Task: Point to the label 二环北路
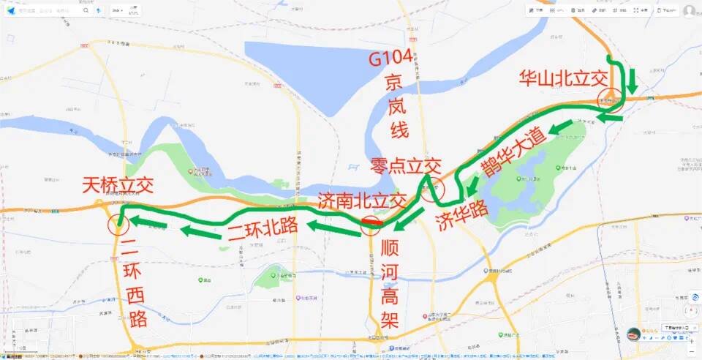263,226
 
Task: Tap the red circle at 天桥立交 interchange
117,225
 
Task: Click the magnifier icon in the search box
86,11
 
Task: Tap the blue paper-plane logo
10,11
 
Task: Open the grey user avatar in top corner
689,11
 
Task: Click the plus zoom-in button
692,340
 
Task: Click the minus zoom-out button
692,351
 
